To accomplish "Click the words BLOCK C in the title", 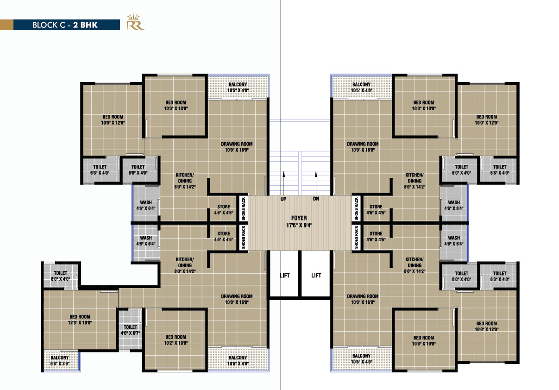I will point(48,25).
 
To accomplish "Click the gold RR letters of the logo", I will point(135,26).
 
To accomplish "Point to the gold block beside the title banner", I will point(6,25).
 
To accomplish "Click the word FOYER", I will point(299,218).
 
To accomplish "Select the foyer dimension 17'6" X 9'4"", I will point(299,226).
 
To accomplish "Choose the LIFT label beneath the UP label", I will point(284,276).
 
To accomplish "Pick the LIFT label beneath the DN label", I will point(316,276).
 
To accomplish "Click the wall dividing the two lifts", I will point(300,274).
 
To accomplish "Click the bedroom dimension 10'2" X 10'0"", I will point(176,343).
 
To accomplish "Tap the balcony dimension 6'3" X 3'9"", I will point(60,364).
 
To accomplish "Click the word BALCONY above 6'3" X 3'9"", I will point(60,358).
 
